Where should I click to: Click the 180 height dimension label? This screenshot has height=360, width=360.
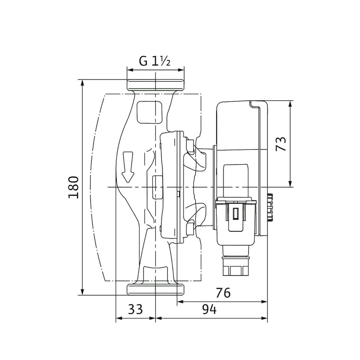(x=73, y=187)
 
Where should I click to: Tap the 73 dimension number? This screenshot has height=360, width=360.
(x=281, y=144)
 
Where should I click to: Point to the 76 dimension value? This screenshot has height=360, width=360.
(x=223, y=293)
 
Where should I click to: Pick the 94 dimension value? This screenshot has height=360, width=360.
(x=209, y=310)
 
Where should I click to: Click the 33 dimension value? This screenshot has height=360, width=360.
(x=135, y=310)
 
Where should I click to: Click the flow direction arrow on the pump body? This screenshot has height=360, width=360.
(x=128, y=167)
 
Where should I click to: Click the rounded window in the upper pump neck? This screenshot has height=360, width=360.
(x=149, y=112)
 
